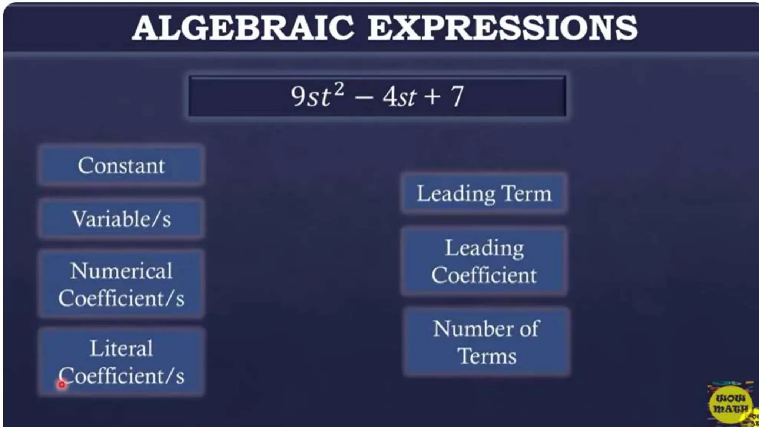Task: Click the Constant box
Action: [121, 165]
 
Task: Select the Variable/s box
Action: [121, 219]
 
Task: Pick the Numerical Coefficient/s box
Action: [121, 284]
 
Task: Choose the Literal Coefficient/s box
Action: [121, 362]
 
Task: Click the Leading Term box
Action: [484, 193]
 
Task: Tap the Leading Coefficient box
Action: [484, 261]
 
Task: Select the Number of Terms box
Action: [486, 342]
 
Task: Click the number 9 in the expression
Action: [298, 96]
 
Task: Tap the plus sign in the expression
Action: [432, 97]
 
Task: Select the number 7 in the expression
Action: [457, 96]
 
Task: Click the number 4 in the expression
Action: [390, 97]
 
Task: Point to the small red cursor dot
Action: [62, 385]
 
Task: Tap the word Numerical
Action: [121, 271]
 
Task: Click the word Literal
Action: [121, 348]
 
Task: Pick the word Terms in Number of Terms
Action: [487, 356]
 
